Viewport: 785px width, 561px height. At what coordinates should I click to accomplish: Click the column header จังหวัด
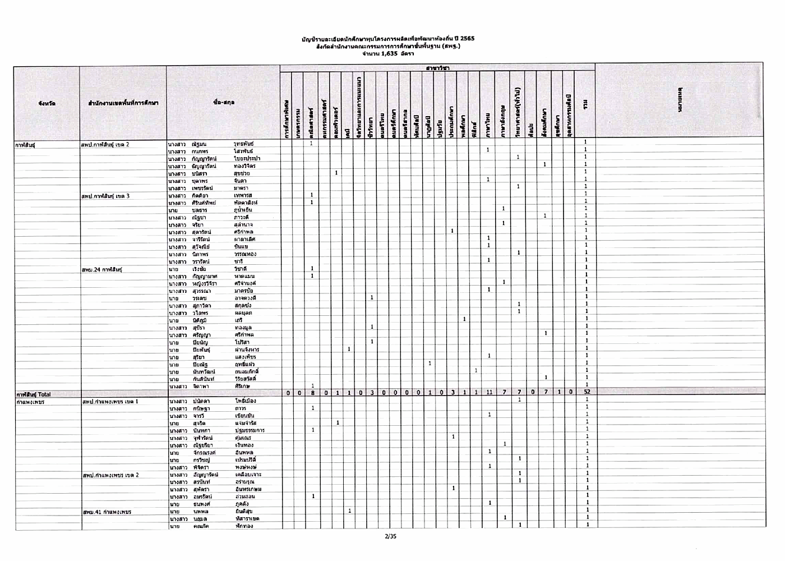47,103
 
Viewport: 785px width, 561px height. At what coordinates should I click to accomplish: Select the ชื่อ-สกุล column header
224,103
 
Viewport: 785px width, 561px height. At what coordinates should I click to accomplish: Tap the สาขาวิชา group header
437,68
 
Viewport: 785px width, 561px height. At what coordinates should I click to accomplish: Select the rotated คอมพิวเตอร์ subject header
335,121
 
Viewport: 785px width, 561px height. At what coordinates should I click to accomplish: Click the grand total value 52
586,392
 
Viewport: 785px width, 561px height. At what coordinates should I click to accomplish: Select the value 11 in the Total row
489,392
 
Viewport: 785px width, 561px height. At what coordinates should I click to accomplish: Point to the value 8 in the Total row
312,392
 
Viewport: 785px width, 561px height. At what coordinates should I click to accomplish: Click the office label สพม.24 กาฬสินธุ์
102,270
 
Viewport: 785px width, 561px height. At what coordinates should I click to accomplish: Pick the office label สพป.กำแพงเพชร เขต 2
110,475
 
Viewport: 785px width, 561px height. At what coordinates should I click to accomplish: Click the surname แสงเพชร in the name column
246,357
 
